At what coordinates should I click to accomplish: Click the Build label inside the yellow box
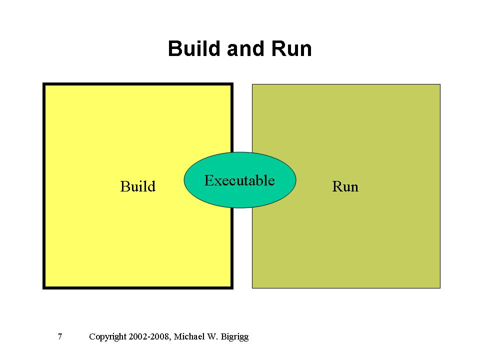coord(138,186)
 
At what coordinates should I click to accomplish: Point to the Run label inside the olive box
coord(345,187)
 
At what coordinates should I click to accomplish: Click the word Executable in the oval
coord(239,180)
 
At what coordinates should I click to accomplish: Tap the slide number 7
coord(60,336)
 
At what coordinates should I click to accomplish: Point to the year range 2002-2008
coord(149,336)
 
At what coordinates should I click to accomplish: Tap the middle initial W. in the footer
coord(212,336)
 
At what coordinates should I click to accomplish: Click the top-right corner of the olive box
coord(440,84)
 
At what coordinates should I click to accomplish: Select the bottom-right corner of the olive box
coord(440,287)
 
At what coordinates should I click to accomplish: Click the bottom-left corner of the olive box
coord(252,287)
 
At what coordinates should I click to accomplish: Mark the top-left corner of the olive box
coord(252,84)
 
